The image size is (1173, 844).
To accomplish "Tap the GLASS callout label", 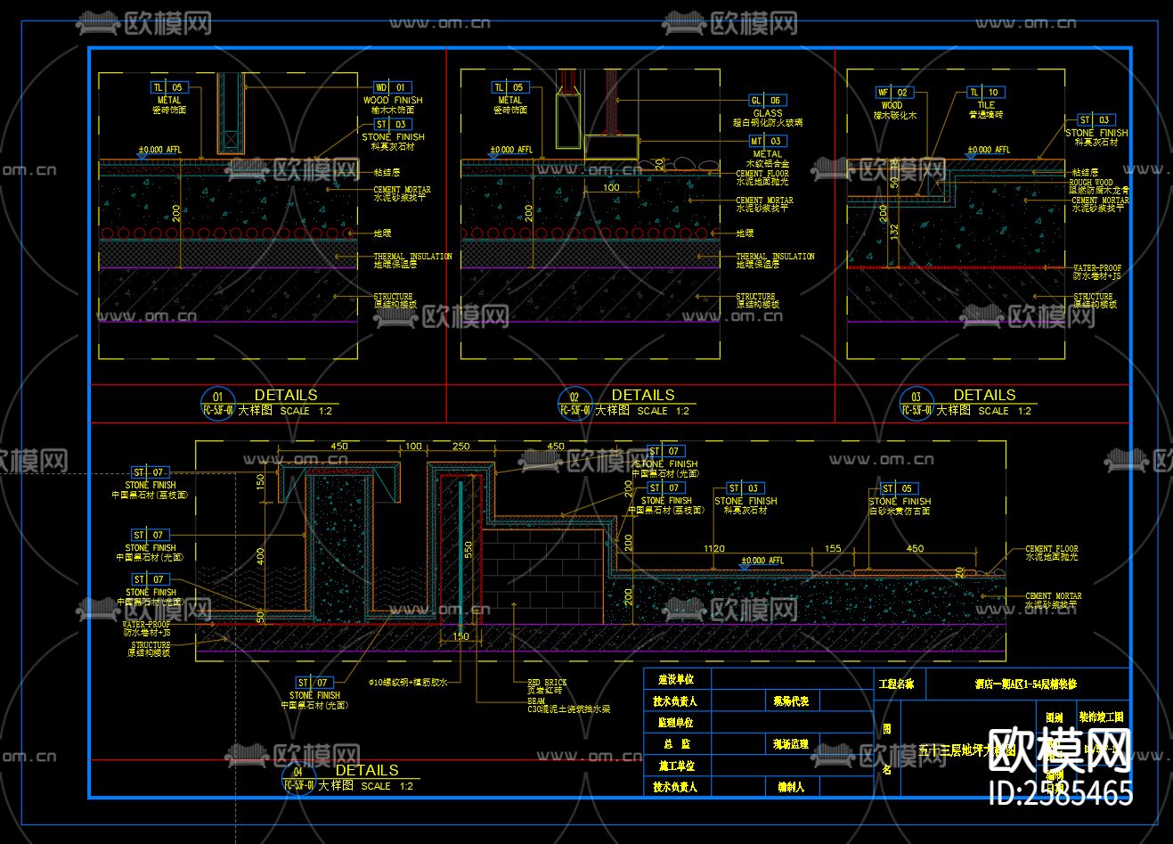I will click(x=767, y=113).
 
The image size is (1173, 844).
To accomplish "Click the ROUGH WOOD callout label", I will click(x=1090, y=183).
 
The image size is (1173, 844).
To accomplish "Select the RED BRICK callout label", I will click(x=547, y=683).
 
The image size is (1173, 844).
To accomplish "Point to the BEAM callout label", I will click(x=536, y=701).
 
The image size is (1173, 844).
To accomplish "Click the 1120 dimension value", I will click(x=713, y=549).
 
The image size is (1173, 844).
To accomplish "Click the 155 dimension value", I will click(x=832, y=549).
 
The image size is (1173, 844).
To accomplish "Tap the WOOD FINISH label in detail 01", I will click(x=393, y=101).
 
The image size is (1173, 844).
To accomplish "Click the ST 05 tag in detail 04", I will click(x=897, y=488).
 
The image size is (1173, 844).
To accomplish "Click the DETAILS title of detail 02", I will click(x=642, y=395).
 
